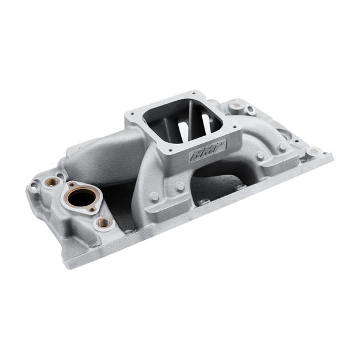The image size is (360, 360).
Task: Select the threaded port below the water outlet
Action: [x=105, y=223]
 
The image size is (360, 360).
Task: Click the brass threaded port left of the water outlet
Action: [x=52, y=181]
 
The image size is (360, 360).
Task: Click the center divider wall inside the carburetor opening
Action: [x=190, y=119]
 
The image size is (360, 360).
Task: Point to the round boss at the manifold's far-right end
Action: [x=311, y=152]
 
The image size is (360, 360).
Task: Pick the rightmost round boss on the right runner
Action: [x=282, y=147]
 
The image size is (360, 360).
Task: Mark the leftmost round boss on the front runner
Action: [x=154, y=196]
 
